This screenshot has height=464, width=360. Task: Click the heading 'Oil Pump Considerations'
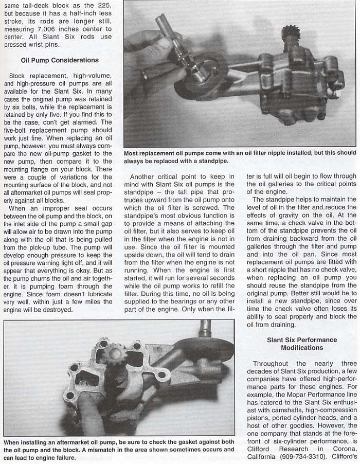pyautogui.click(x=60, y=60)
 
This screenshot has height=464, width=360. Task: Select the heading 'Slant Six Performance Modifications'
pyautogui.click(x=302, y=344)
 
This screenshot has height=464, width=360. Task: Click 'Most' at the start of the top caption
pyautogui.click(x=132, y=153)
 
